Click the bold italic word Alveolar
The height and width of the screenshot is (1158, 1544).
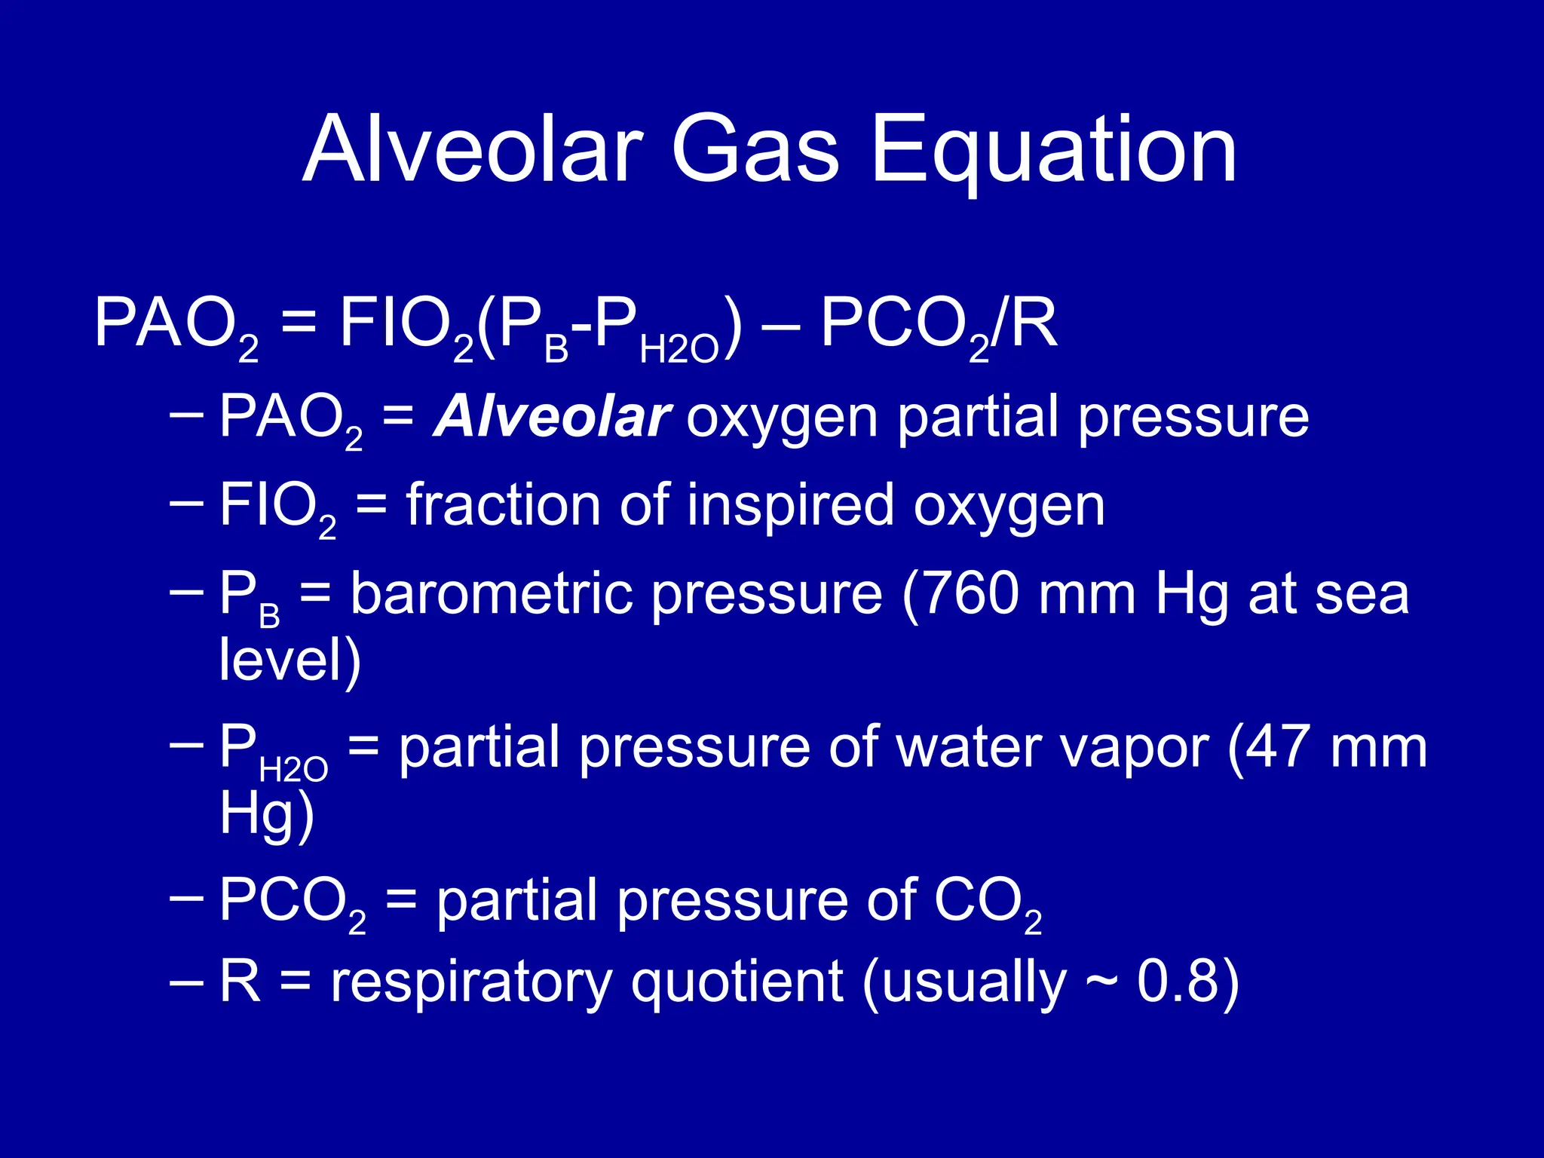552,417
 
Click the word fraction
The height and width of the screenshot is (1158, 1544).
503,505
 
